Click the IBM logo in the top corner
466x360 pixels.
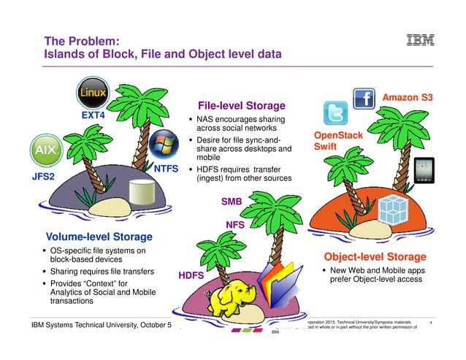point(420,39)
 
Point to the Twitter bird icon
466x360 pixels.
point(335,113)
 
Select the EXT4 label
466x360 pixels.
point(93,115)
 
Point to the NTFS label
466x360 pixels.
point(167,168)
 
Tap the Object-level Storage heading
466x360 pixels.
point(375,256)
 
